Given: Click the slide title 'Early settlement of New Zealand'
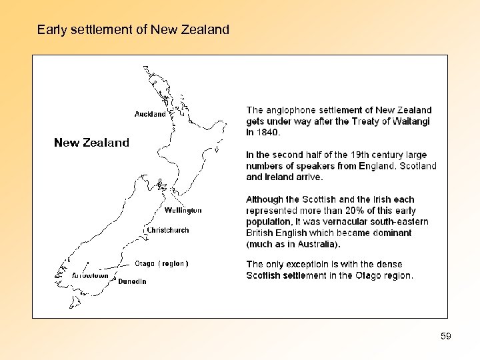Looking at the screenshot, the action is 133,30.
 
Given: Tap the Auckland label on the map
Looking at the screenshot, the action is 150,114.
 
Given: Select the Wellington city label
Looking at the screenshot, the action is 183,211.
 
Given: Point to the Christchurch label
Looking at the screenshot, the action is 168,230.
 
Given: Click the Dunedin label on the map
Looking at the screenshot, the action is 132,281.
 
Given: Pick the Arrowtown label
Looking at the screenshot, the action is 90,275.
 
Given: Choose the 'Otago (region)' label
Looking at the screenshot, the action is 162,263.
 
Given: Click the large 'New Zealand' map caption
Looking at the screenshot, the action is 91,143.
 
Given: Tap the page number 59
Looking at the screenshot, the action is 446,337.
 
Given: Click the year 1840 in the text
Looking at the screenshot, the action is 267,132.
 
